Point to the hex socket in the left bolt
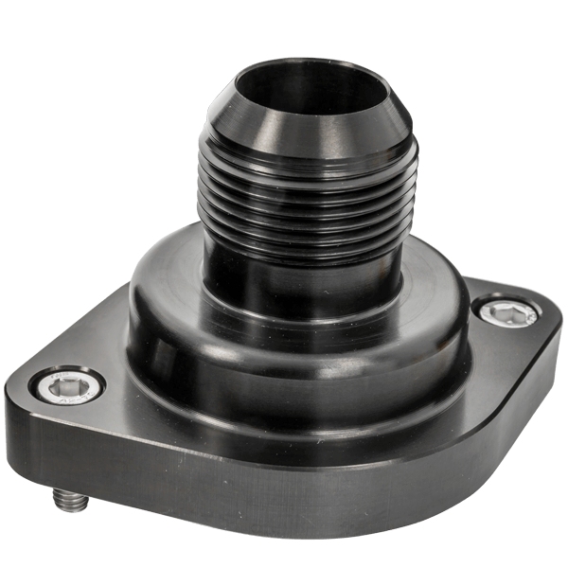pyautogui.click(x=66, y=383)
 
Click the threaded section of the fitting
pyautogui.click(x=303, y=199)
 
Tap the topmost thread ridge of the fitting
pyautogui.click(x=303, y=157)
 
